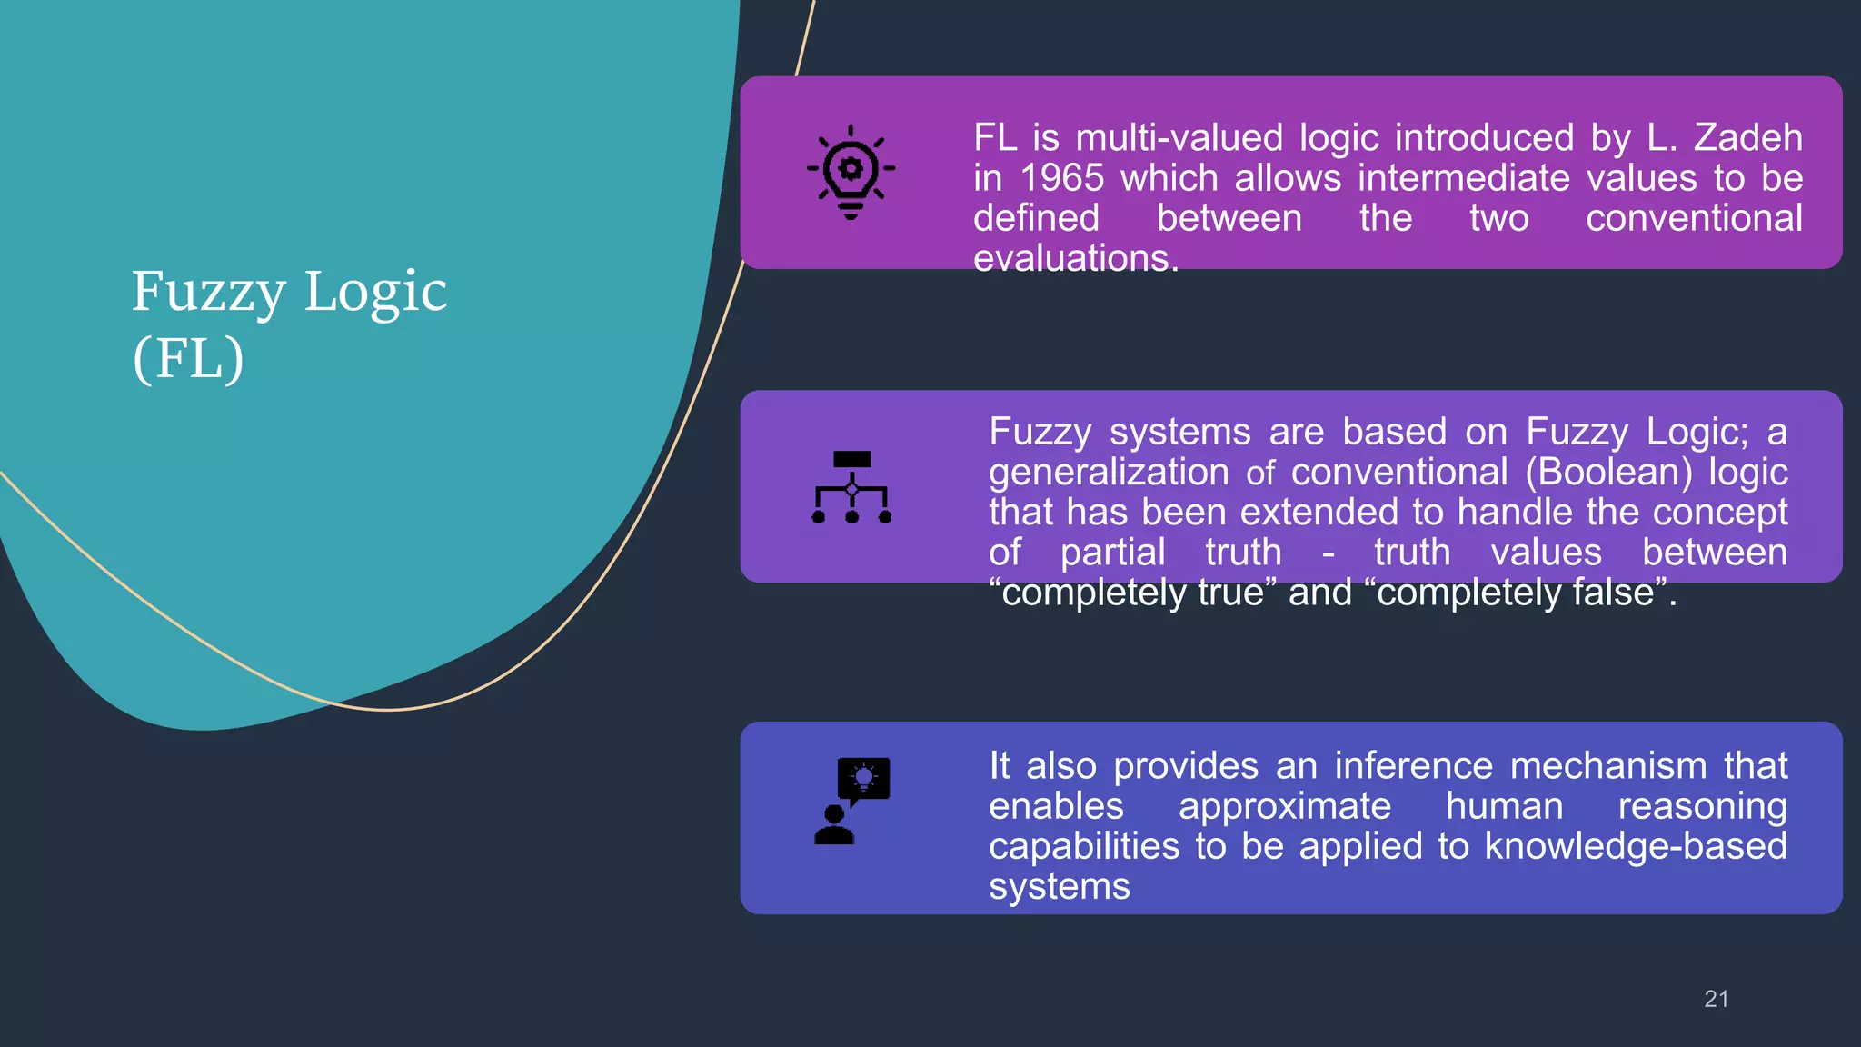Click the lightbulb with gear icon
(851, 172)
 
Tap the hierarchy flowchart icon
(851, 487)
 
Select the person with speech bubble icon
(851, 801)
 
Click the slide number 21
(1716, 999)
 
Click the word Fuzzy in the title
(208, 293)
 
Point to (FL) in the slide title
(188, 358)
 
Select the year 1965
(1061, 178)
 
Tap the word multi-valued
(1179, 138)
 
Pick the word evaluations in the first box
(1075, 259)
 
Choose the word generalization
(1109, 472)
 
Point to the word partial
(1112, 553)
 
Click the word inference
(1413, 766)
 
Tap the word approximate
(1284, 806)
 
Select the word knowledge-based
(1635, 846)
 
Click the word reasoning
(1702, 806)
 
